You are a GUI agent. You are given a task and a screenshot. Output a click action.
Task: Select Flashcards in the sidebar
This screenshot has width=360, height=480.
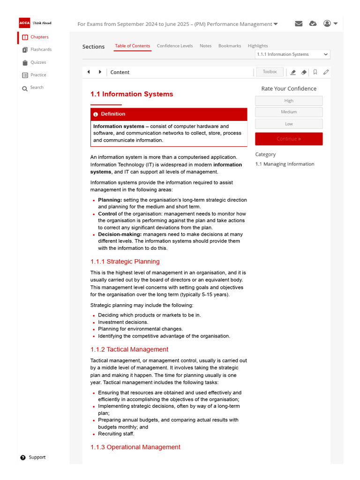41,50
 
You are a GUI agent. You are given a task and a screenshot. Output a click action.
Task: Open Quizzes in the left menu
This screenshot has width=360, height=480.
38,62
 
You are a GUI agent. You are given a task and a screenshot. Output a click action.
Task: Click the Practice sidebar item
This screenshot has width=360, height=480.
38,75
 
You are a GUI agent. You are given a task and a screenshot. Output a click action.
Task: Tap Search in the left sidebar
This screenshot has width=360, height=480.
37,88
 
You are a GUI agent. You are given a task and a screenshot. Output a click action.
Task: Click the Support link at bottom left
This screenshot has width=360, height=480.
37,457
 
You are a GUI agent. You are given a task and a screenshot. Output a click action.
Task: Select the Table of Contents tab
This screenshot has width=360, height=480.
133,46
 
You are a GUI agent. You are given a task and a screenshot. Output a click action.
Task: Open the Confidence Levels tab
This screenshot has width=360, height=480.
174,46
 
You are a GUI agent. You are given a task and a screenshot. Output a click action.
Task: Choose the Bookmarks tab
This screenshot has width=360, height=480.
230,46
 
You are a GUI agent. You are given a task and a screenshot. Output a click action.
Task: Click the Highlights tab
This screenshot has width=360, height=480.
258,46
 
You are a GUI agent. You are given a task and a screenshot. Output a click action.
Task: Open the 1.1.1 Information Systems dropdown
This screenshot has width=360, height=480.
292,54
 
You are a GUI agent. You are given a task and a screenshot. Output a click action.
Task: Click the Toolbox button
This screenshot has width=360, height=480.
270,72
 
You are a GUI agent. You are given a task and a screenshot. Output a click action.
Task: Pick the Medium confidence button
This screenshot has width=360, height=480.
289,112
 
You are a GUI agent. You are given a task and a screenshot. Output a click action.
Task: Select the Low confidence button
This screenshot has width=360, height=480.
289,124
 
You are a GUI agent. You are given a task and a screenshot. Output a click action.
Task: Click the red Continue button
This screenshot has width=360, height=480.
289,139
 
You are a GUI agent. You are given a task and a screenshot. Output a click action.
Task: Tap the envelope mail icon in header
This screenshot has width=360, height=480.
299,24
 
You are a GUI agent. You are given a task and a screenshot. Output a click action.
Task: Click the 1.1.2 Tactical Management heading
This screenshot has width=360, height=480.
129,349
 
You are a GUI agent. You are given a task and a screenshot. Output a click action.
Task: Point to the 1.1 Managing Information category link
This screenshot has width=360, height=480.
285,164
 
